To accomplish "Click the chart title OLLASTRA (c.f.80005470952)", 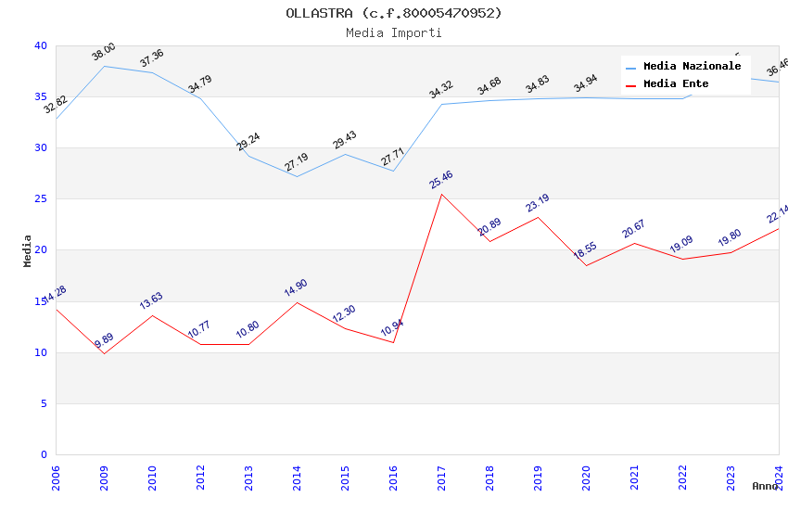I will (x=394, y=13).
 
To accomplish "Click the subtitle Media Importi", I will (x=394, y=32).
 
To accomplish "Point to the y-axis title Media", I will (x=28, y=250).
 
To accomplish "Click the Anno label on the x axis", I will (x=765, y=486).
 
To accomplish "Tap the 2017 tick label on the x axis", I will (x=441, y=479).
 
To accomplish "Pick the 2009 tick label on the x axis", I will (x=104, y=479).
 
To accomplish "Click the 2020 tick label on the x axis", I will (x=586, y=479).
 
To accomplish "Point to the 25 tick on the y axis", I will (x=41, y=198).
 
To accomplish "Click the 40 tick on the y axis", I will (x=41, y=45).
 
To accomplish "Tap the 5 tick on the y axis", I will (x=44, y=403).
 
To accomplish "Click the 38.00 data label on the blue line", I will (x=104, y=52).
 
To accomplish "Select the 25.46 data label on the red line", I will (x=441, y=179).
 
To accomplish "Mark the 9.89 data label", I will (x=104, y=340).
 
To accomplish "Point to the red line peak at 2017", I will (x=441, y=194).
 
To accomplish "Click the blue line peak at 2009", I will (x=104, y=66).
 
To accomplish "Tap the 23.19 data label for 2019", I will (x=538, y=203).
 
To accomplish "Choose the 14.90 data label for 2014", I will (x=297, y=287).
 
